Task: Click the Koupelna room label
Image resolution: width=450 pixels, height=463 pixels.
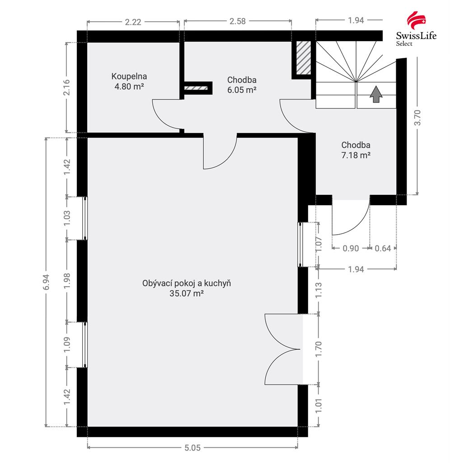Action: (x=129, y=76)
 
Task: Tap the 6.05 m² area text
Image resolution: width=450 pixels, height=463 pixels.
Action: (x=242, y=90)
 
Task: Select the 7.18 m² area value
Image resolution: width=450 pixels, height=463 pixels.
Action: (x=356, y=155)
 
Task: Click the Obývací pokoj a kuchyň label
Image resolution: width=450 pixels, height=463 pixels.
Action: (x=187, y=283)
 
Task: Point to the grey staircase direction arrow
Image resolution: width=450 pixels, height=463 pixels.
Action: (x=376, y=94)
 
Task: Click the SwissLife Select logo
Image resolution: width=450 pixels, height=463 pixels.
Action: (x=416, y=29)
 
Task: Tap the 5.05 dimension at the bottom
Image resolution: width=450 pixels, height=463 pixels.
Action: (x=192, y=448)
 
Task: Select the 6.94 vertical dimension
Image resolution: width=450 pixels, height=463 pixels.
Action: (x=47, y=282)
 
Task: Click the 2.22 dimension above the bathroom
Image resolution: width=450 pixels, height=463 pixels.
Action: (x=133, y=22)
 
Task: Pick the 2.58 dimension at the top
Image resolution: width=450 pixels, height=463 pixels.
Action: (x=238, y=21)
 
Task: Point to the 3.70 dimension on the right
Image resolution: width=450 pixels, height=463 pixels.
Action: (x=417, y=118)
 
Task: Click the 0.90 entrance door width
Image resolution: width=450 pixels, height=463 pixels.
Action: (x=351, y=248)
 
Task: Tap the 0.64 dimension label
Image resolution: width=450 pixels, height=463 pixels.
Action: (x=383, y=248)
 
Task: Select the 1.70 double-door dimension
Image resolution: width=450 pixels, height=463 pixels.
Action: (x=319, y=349)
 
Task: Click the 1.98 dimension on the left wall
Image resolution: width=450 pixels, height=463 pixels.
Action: (x=67, y=280)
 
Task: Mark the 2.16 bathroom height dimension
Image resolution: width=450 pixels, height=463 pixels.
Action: (x=67, y=87)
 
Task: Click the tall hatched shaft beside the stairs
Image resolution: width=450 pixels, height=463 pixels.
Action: (x=304, y=58)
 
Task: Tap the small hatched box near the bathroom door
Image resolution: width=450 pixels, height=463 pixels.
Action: (x=196, y=88)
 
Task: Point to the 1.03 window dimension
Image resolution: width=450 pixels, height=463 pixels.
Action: (x=67, y=218)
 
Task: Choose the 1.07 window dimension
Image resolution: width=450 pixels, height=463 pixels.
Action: (x=319, y=244)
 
